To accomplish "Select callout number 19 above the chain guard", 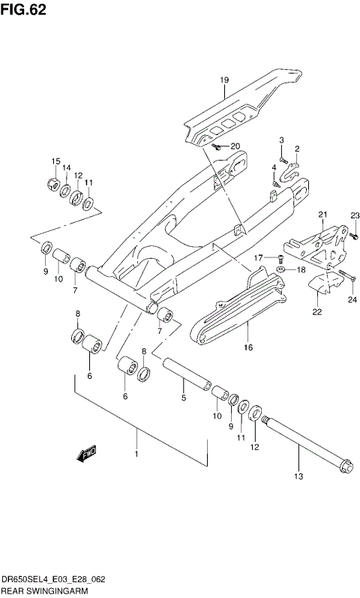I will (223, 80).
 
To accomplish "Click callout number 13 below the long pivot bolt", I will (298, 476).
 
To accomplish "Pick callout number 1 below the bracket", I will (136, 453).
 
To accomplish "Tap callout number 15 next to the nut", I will (55, 161).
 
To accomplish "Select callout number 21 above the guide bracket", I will (323, 215).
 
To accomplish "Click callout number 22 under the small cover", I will (317, 311).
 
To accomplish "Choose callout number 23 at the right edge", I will (355, 215).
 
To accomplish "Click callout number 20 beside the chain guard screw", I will (235, 146).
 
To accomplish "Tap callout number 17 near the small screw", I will (256, 258).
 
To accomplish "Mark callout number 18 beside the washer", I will (301, 269).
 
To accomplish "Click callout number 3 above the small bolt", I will (282, 140).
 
